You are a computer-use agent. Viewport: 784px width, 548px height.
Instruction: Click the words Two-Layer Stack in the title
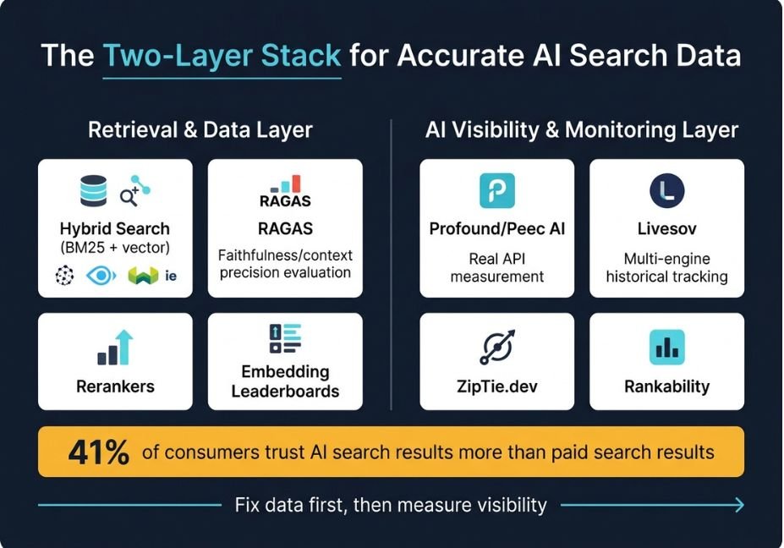point(222,55)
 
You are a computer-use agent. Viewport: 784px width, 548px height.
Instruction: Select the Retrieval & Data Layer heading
point(200,130)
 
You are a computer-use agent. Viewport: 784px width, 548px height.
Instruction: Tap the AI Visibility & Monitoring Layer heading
point(582,130)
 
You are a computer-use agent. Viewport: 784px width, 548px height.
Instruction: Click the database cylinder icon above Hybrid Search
point(94,190)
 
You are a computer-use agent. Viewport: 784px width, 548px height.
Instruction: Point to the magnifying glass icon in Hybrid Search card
point(129,196)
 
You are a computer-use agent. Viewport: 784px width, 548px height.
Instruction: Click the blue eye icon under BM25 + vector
point(101,276)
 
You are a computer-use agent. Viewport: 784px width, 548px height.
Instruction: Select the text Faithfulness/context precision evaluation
point(285,264)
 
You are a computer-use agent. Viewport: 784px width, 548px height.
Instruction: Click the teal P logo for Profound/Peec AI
point(497,190)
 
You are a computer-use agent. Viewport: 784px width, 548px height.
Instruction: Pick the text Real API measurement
point(497,267)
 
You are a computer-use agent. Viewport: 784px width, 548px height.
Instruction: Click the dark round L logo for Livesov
point(667,190)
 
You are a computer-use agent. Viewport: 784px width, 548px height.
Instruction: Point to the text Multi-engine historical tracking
point(667,267)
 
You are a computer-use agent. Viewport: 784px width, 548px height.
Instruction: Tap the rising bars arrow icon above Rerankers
point(116,348)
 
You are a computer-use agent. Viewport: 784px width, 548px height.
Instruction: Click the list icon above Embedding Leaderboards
point(286,338)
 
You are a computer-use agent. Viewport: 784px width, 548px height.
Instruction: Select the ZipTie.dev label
point(497,386)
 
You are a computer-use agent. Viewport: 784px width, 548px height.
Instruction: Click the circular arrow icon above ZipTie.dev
point(497,347)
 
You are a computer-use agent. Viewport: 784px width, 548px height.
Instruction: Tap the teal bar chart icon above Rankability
point(667,347)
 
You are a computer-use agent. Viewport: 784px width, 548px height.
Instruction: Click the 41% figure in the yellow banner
point(99,452)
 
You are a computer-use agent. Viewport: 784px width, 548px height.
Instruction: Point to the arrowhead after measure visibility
point(739,505)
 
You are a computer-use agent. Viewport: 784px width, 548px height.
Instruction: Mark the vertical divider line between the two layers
point(391,265)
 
